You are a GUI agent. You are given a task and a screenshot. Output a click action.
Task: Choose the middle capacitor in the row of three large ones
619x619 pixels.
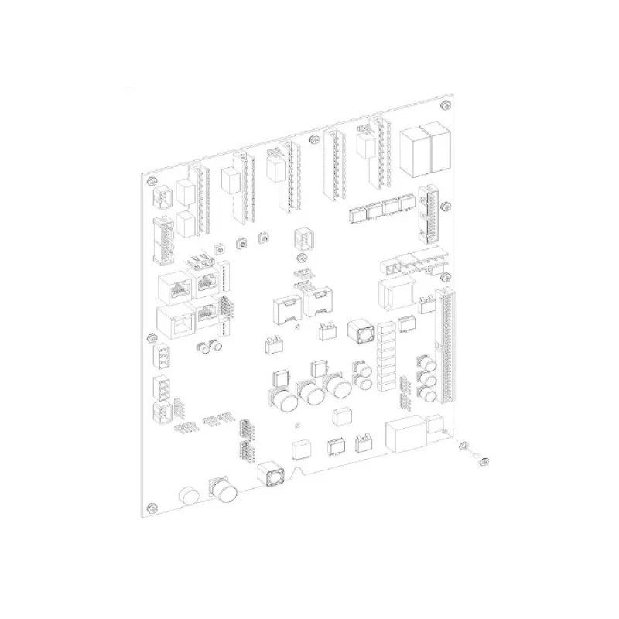pos(313,393)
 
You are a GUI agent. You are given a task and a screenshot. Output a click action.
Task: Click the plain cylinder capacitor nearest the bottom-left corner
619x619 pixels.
pos(188,496)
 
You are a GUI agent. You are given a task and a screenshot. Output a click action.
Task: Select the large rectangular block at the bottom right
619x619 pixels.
pos(404,435)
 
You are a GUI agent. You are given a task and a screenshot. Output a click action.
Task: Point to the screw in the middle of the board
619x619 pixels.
pos(300,257)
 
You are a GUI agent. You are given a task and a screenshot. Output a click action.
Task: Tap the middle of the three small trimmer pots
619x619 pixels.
pos(241,243)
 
